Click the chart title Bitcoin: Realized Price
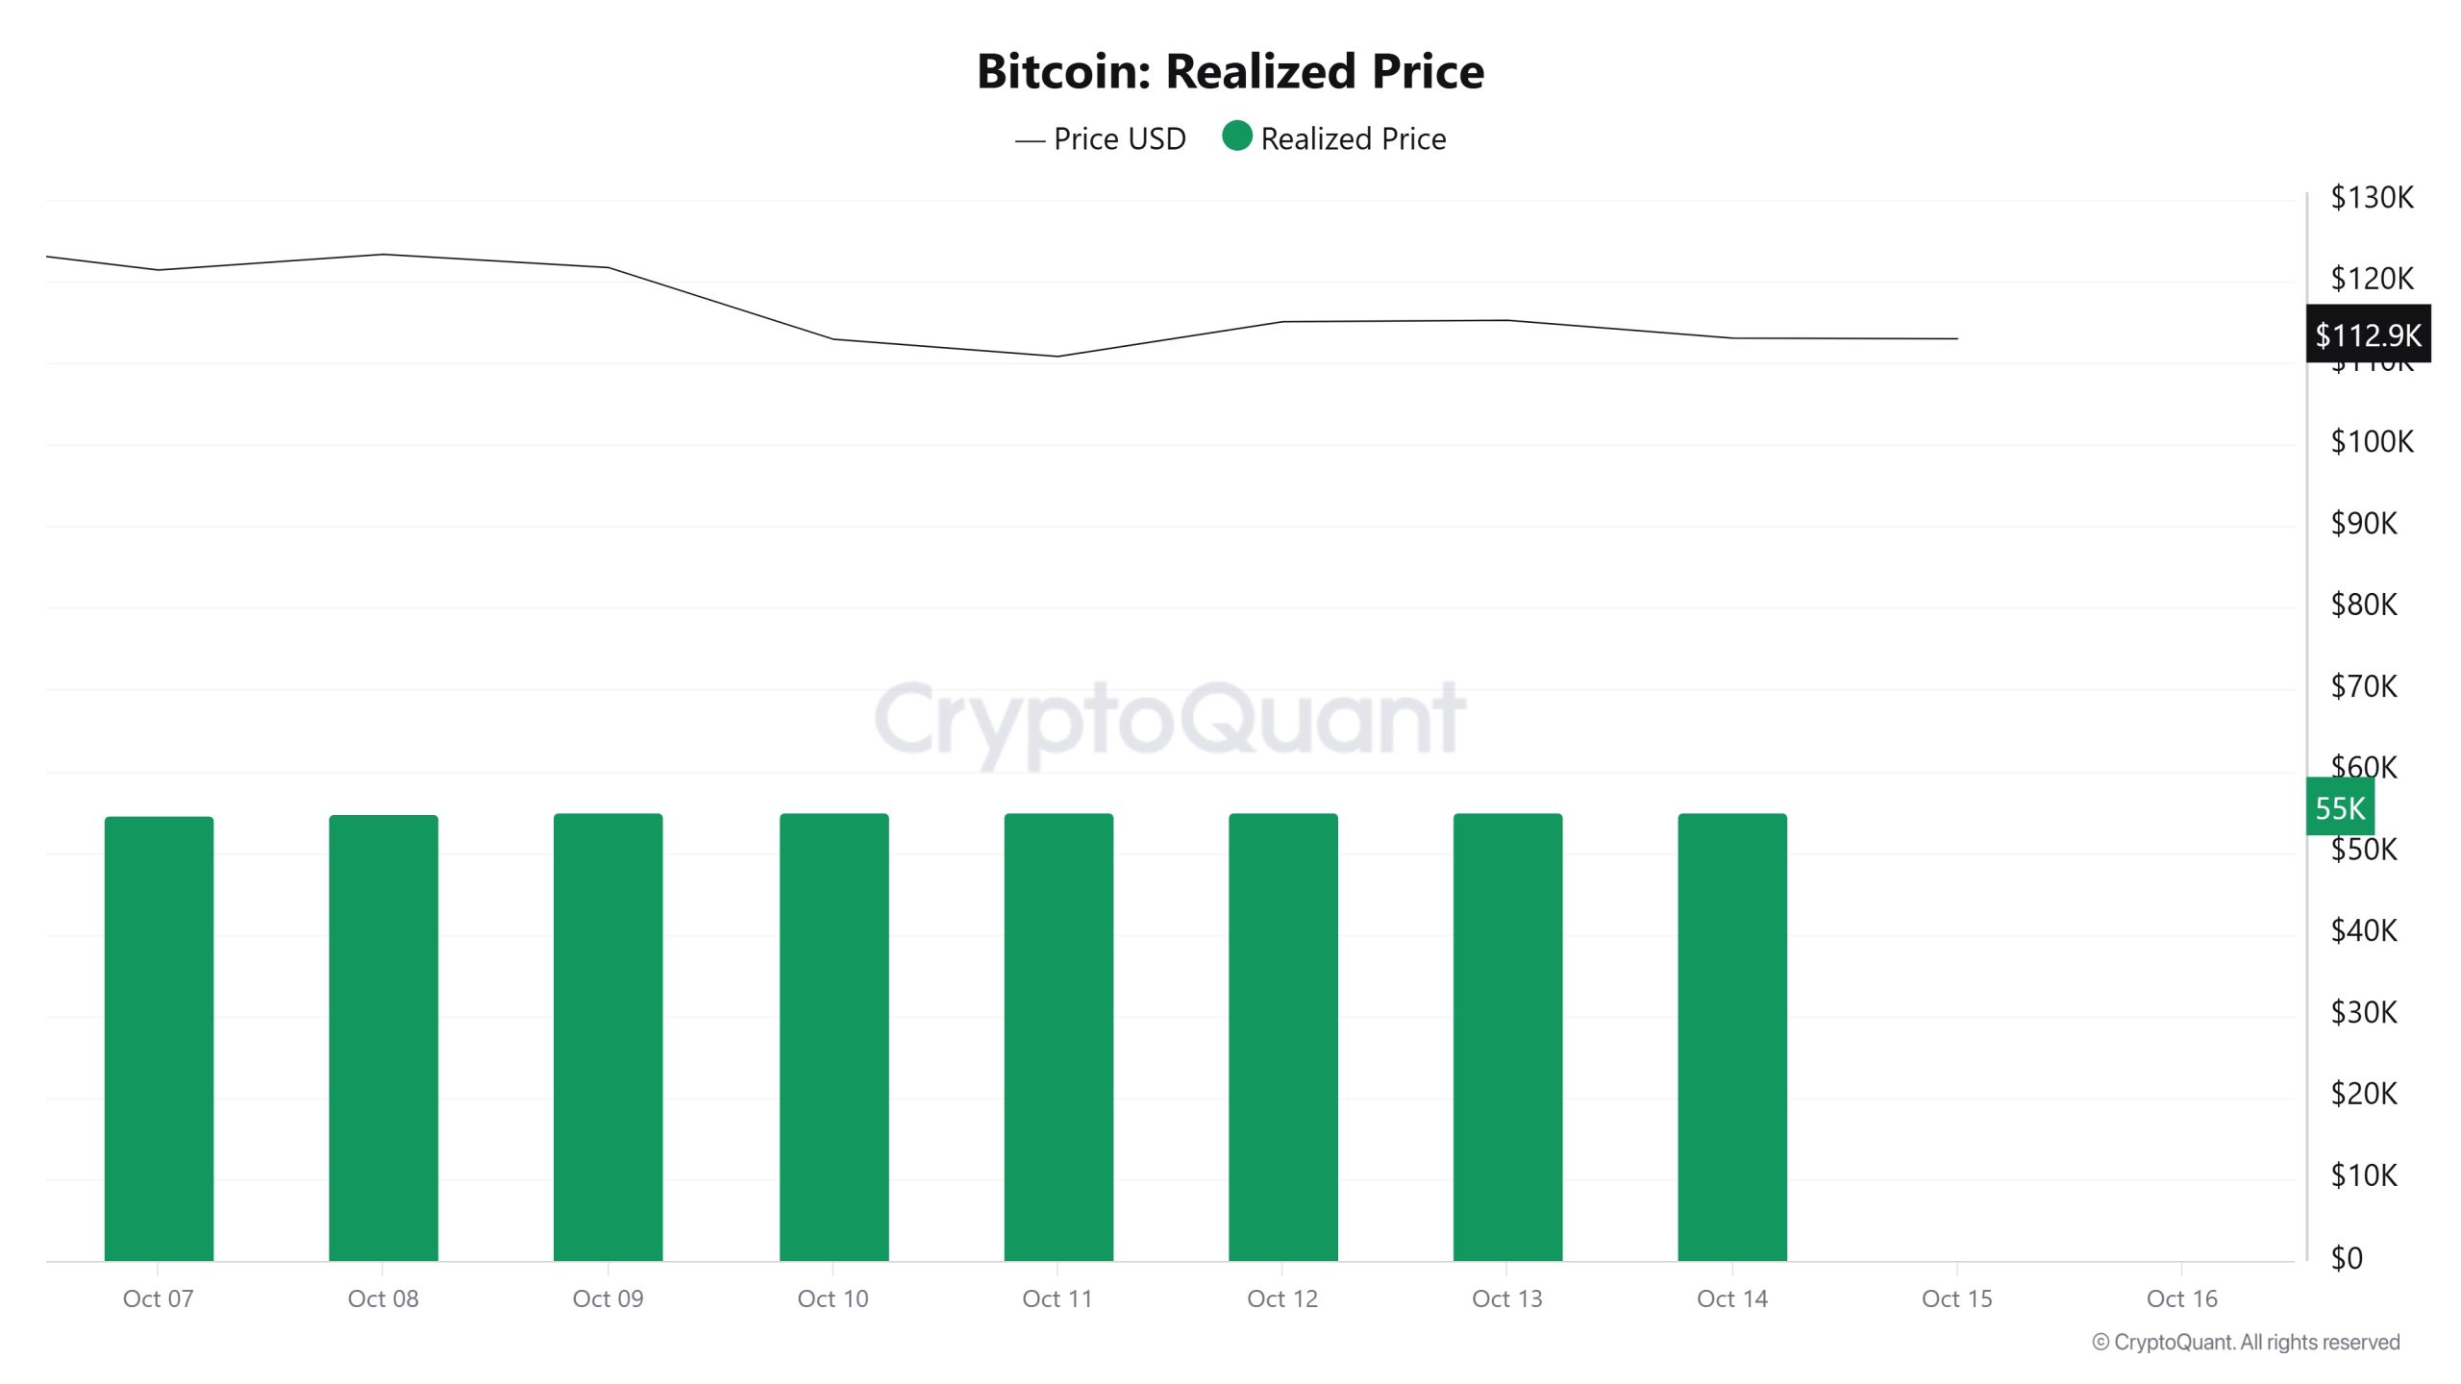point(1230,71)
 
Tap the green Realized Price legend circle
point(1237,136)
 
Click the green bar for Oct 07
point(159,1038)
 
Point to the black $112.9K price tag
point(2368,334)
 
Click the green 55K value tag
point(2340,808)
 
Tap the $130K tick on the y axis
point(2372,197)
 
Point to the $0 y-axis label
point(2347,1258)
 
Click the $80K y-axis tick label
point(2364,605)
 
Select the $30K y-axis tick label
point(2364,1012)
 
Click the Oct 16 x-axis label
point(2181,1299)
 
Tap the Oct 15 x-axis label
point(1956,1299)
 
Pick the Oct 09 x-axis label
point(608,1299)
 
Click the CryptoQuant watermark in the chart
point(1170,719)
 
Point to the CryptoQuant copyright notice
point(2246,1343)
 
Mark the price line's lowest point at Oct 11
point(1057,357)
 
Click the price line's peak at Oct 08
point(384,255)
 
